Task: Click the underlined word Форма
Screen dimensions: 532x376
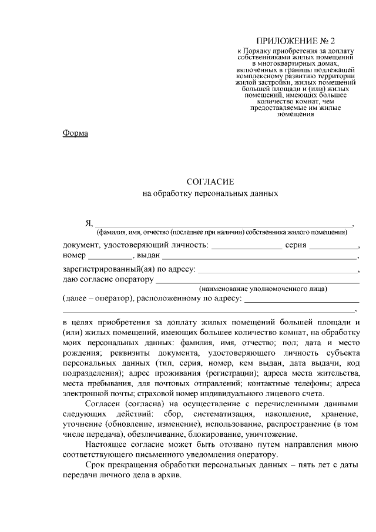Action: [x=75, y=133]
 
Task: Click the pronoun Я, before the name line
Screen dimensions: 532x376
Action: [x=89, y=223]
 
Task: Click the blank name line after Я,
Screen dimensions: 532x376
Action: [x=223, y=225]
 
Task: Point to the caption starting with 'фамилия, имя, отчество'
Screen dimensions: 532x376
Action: [x=223, y=232]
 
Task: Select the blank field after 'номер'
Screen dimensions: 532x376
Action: [x=111, y=257]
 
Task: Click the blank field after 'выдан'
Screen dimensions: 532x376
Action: [x=258, y=257]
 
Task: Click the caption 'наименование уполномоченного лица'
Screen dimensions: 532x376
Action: [x=263, y=289]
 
